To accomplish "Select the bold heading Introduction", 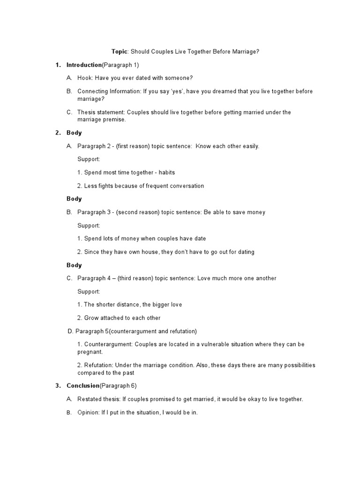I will (84, 65).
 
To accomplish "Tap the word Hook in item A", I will (85, 78).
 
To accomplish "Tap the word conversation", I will (185, 186).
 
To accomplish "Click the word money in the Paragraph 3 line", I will (256, 212).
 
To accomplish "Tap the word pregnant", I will (89, 352).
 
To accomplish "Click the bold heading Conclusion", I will (83, 386).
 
